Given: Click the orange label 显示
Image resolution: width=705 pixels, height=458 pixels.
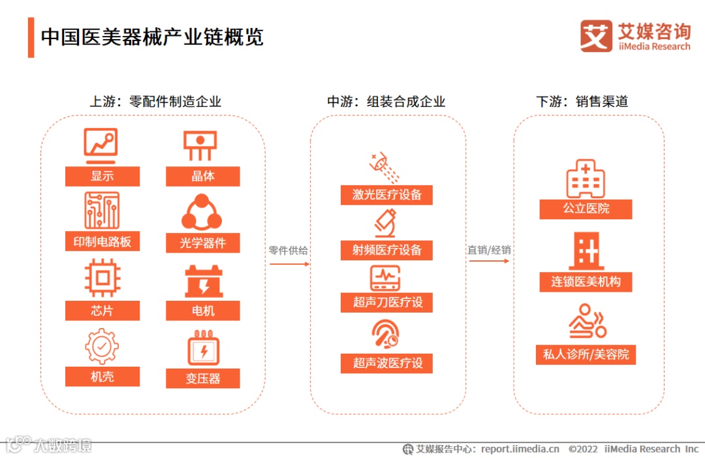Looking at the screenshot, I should (102, 176).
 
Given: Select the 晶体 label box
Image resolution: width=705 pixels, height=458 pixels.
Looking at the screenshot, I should (202, 176).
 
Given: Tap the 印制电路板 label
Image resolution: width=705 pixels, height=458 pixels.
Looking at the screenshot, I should (102, 241).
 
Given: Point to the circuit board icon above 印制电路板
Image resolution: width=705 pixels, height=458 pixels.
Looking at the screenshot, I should (102, 210).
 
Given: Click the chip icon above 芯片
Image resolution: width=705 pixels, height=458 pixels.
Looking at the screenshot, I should (102, 278).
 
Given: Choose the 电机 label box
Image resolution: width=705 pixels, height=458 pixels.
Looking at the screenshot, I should (202, 311).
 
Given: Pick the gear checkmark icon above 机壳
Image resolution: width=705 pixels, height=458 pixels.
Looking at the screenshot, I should (102, 346).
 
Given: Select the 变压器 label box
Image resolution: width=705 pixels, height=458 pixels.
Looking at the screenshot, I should (202, 378).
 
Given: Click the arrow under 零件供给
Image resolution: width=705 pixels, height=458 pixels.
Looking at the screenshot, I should (289, 264).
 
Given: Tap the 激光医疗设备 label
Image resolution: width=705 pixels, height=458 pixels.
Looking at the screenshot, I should (386, 194).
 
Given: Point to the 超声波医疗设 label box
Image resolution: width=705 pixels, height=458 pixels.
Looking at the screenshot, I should (386, 363).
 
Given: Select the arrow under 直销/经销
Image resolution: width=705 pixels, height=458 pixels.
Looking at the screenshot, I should (488, 261).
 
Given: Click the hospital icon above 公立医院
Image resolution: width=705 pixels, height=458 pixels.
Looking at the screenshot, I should (585, 178).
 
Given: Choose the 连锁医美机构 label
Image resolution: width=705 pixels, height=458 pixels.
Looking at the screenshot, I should (586, 282).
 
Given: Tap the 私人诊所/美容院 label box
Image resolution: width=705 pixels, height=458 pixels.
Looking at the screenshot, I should (585, 354).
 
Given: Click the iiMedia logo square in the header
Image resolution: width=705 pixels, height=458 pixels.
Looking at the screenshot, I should (596, 36).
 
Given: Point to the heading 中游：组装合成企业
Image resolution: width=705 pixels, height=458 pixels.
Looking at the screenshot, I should (386, 102).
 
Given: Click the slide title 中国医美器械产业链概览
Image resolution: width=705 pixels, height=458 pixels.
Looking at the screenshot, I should (152, 37).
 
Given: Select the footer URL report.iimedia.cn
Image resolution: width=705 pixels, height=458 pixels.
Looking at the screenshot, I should (520, 449).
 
